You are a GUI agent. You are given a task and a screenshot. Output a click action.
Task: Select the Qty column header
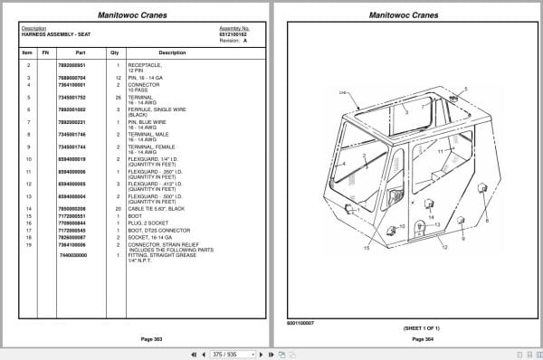click(115, 52)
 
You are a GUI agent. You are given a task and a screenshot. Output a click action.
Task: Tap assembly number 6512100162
click(233, 33)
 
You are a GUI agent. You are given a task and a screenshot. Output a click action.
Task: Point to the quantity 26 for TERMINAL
click(118, 94)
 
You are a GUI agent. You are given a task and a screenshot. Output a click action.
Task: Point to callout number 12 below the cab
click(444, 246)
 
